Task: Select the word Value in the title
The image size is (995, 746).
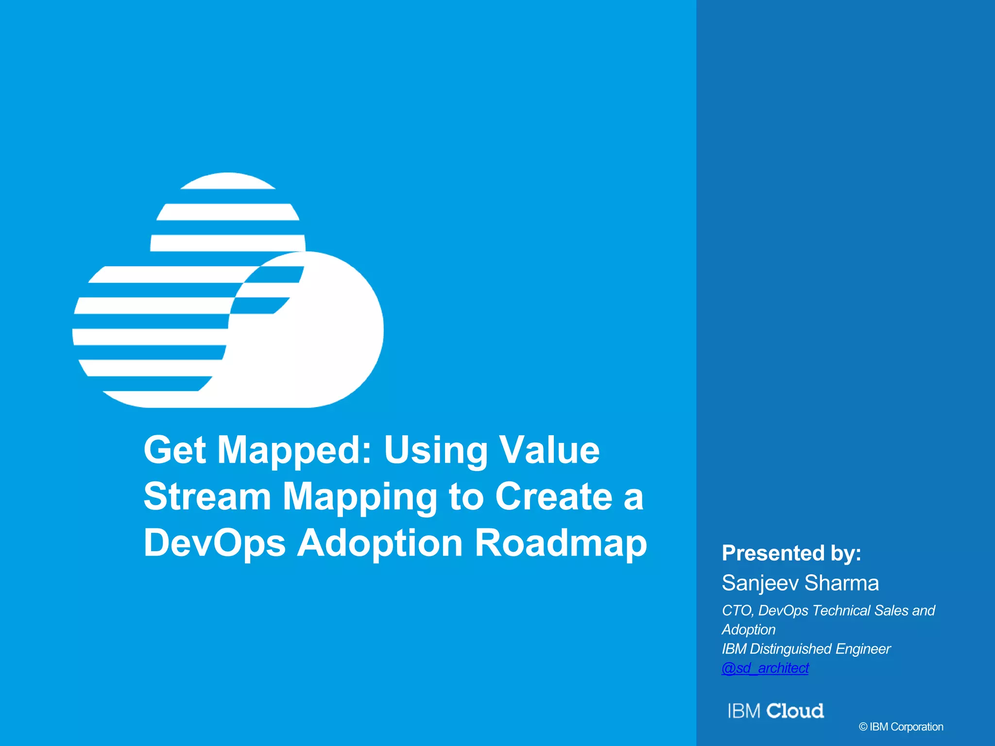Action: [x=549, y=450]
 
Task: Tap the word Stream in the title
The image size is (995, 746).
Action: [x=207, y=496]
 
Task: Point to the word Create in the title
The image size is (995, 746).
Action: [x=554, y=496]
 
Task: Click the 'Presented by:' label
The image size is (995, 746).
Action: [x=791, y=553]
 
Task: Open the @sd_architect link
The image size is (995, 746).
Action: [x=765, y=668]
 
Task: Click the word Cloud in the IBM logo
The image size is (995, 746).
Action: [x=795, y=711]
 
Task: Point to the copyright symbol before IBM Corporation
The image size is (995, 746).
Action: [x=863, y=727]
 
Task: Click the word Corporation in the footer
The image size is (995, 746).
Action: [x=917, y=727]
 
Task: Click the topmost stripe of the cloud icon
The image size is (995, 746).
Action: [x=228, y=181]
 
